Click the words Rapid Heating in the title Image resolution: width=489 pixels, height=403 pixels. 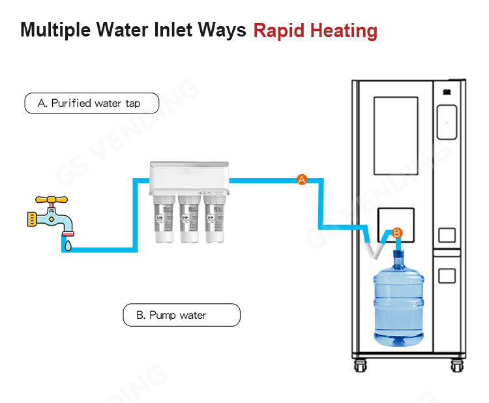[x=315, y=30]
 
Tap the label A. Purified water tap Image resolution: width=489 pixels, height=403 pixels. [x=91, y=103]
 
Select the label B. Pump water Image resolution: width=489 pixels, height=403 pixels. [x=181, y=316]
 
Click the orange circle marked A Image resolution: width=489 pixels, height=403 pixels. [x=301, y=180]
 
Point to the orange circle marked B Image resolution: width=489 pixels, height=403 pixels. [x=398, y=232]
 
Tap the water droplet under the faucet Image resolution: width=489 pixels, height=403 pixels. [x=66, y=246]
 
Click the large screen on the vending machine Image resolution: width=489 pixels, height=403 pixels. [x=396, y=136]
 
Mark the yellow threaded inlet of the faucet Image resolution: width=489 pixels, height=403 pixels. [x=30, y=219]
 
